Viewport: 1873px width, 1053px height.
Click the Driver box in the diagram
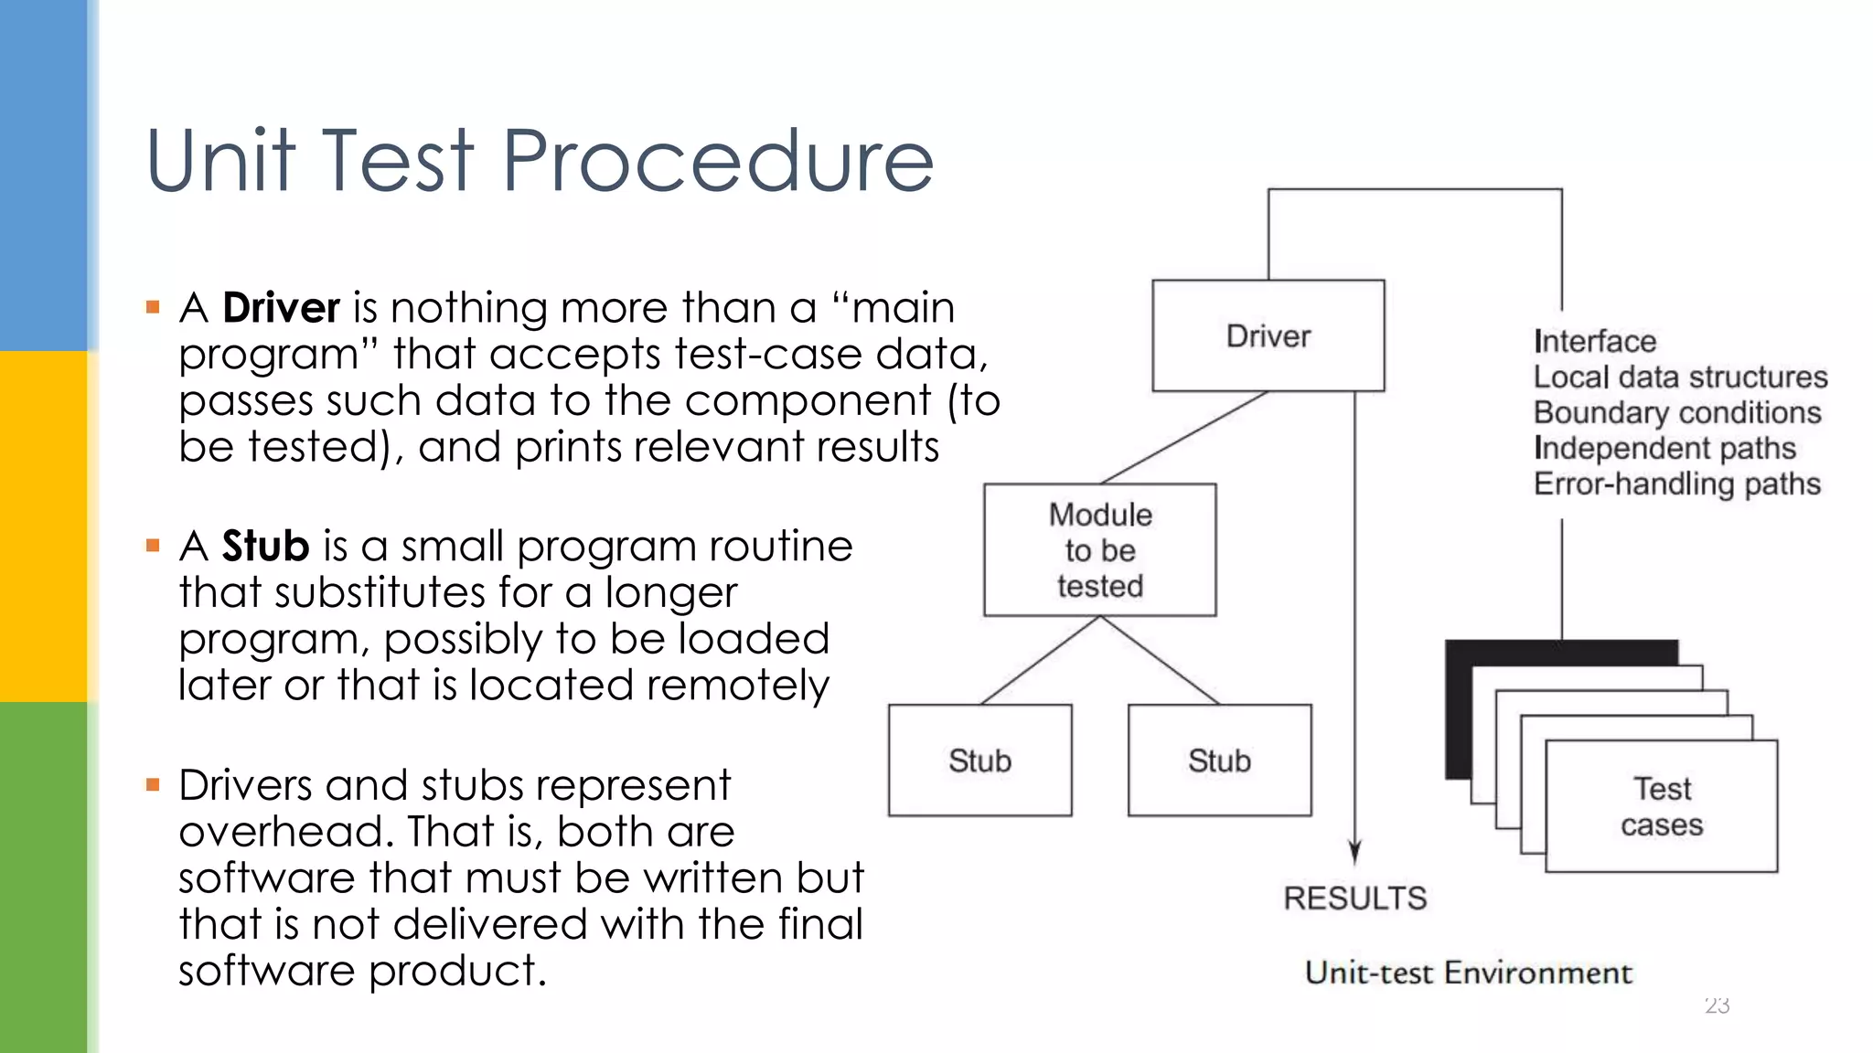[1268, 335]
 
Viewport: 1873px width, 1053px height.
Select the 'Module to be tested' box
[1099, 550]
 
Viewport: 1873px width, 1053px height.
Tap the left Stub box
[979, 760]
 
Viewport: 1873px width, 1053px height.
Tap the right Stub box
[1219, 760]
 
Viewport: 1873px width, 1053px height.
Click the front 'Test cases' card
[1661, 806]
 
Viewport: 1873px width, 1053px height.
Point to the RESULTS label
[1354, 899]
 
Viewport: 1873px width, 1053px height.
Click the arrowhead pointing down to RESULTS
[1354, 851]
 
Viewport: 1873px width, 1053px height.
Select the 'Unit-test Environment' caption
[1468, 973]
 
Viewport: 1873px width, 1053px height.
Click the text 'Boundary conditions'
[1677, 412]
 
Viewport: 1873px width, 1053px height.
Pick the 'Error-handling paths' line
[1677, 484]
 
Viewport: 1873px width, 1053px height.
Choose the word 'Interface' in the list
[1595, 341]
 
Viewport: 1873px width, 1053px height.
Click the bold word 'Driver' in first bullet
[281, 307]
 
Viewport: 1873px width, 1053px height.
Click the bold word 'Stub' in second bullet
[265, 546]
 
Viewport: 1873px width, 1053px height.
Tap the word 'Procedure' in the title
[718, 161]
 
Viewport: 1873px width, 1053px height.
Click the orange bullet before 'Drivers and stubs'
[153, 784]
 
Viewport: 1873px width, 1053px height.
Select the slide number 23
[1717, 1005]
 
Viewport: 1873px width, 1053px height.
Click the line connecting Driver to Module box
[1184, 438]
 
